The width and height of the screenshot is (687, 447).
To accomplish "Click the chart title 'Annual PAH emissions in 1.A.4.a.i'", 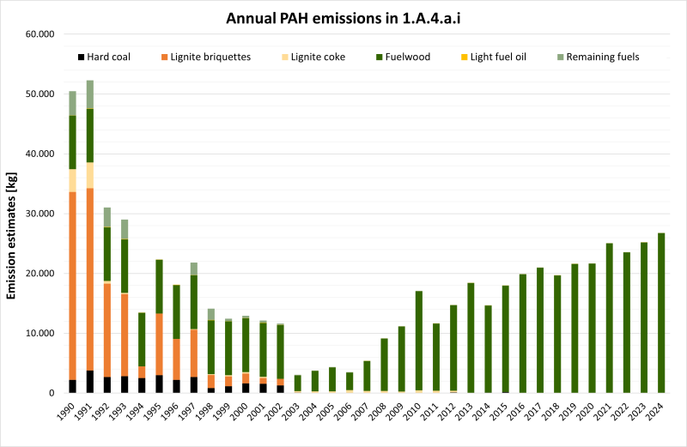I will click(343, 17).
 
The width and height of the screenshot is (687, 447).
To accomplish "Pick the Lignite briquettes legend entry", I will click(205, 57).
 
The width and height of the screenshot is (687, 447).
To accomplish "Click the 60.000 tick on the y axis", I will click(40, 34).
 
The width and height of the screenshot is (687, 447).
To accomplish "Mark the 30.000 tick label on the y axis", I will click(40, 214).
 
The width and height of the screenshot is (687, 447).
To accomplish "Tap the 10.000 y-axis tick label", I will click(40, 333).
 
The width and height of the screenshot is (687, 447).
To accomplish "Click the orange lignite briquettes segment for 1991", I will click(90, 275).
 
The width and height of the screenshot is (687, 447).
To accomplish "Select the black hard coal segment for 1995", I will click(159, 384).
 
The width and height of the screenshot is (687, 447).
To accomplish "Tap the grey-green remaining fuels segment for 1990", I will click(73, 103).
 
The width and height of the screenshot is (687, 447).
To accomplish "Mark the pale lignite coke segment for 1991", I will click(90, 175).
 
